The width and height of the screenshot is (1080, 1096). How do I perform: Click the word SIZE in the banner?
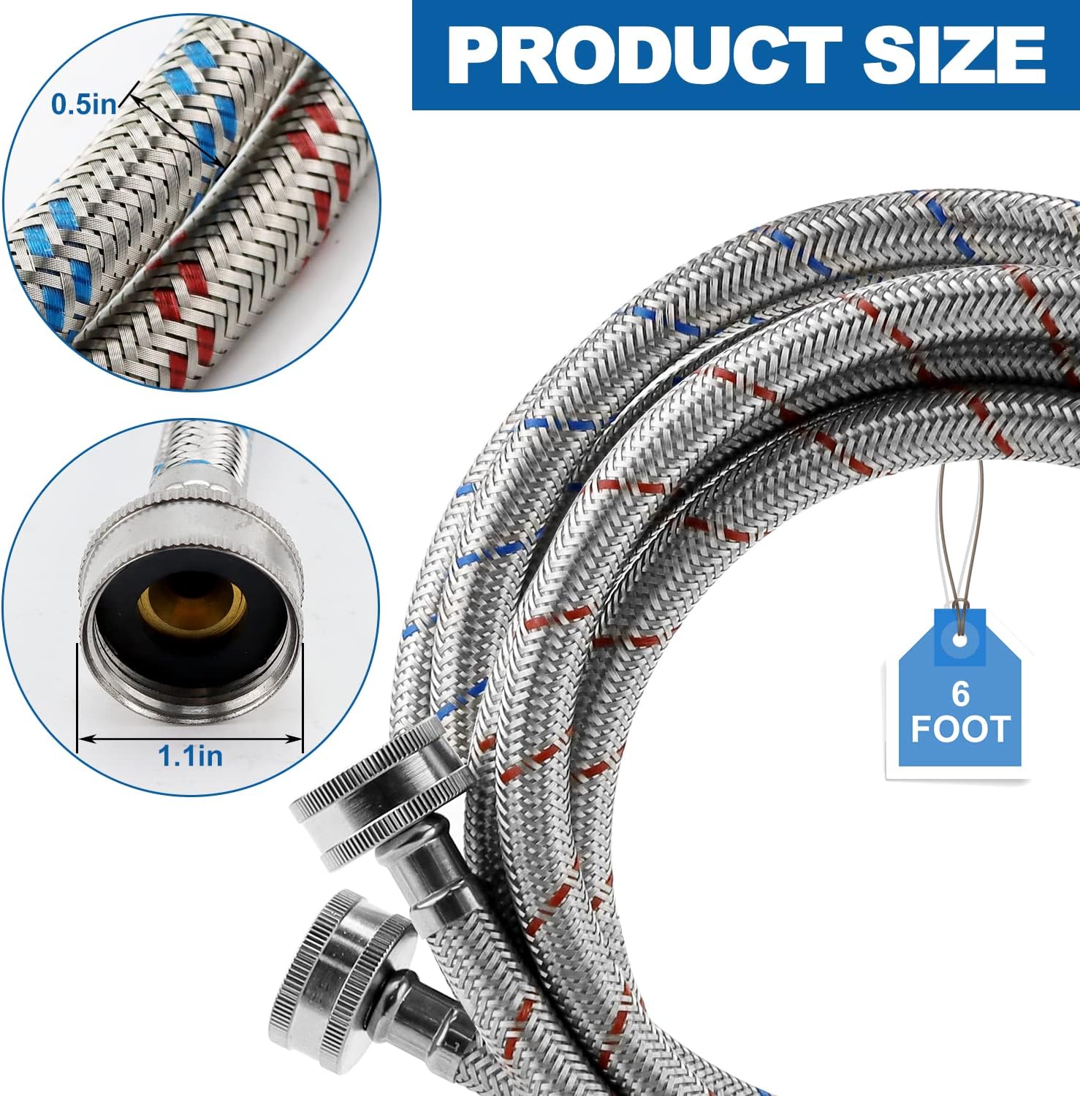point(954,55)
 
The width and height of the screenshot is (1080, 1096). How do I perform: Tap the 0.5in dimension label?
point(83,104)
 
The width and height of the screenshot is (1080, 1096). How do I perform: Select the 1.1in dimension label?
point(191,755)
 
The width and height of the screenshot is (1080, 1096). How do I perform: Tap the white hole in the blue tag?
point(958,639)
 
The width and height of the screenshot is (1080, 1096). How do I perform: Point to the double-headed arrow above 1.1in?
point(190,739)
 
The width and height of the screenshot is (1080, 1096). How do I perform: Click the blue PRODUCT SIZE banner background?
point(745,55)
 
